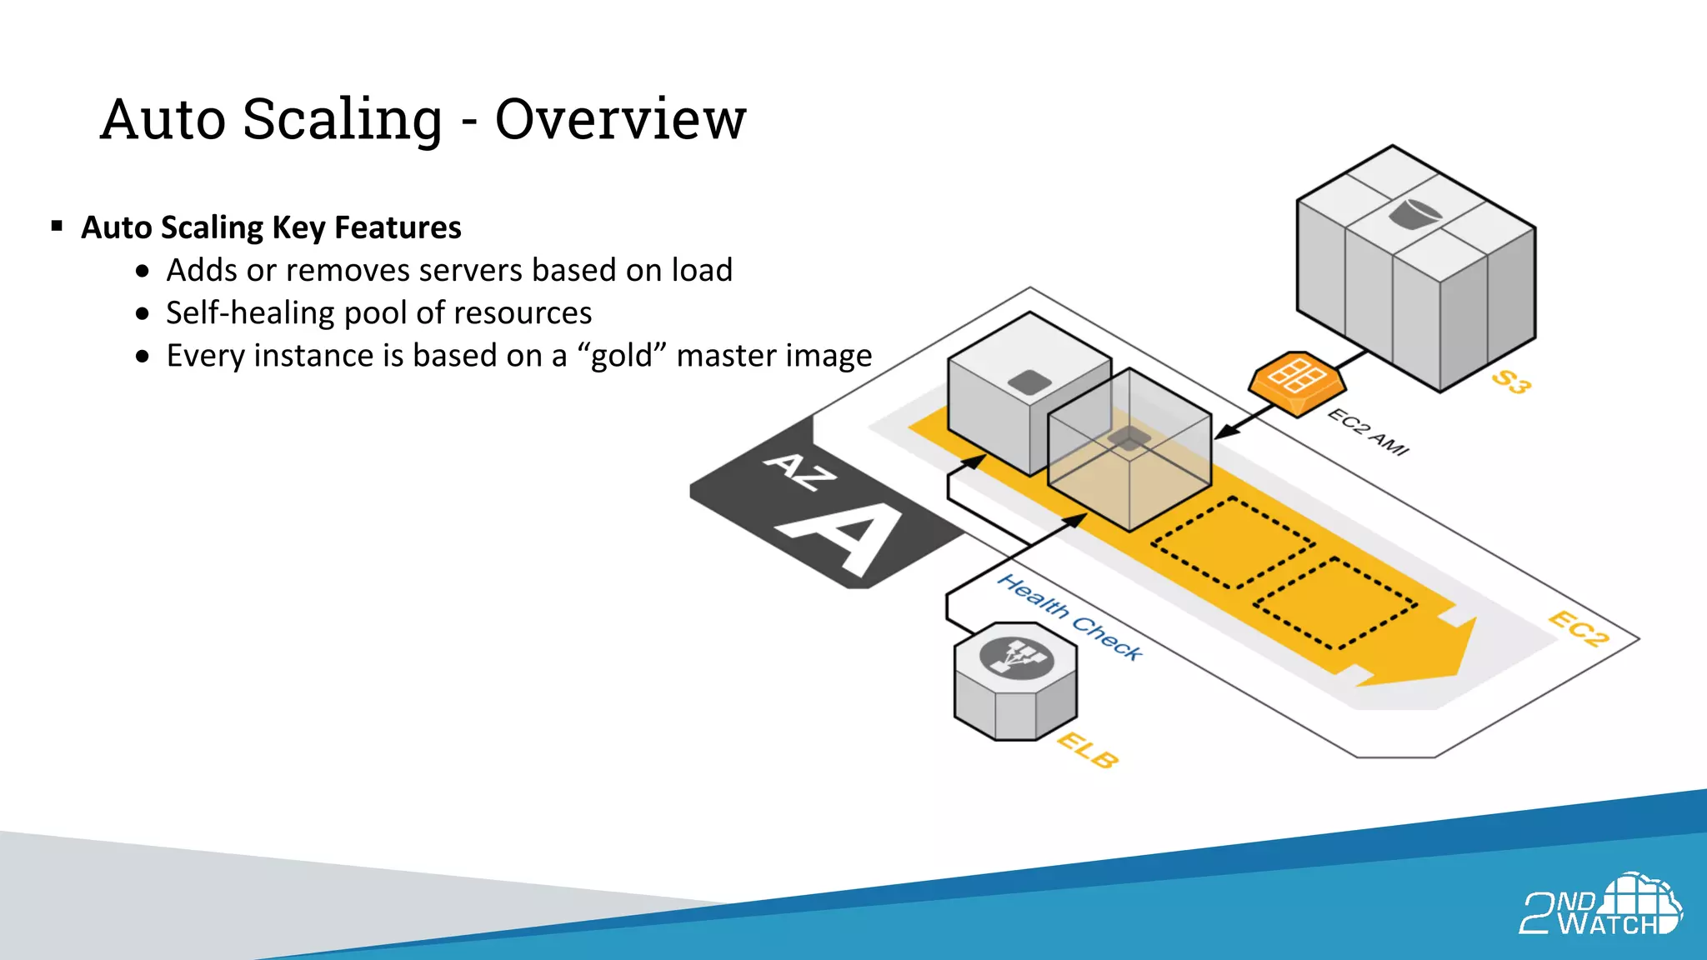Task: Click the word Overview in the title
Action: click(620, 119)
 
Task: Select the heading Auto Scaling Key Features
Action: click(271, 227)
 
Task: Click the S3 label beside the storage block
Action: click(1510, 382)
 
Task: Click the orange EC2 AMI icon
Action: click(1297, 382)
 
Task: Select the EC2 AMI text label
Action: click(1368, 432)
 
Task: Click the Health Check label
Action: click(1070, 617)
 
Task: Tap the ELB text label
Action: click(1088, 750)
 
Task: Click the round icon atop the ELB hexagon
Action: click(1016, 657)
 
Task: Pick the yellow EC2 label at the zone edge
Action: click(1578, 628)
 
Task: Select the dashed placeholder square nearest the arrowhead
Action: click(1335, 602)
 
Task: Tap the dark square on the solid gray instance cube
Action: click(1030, 382)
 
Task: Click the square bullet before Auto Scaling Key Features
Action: click(57, 226)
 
